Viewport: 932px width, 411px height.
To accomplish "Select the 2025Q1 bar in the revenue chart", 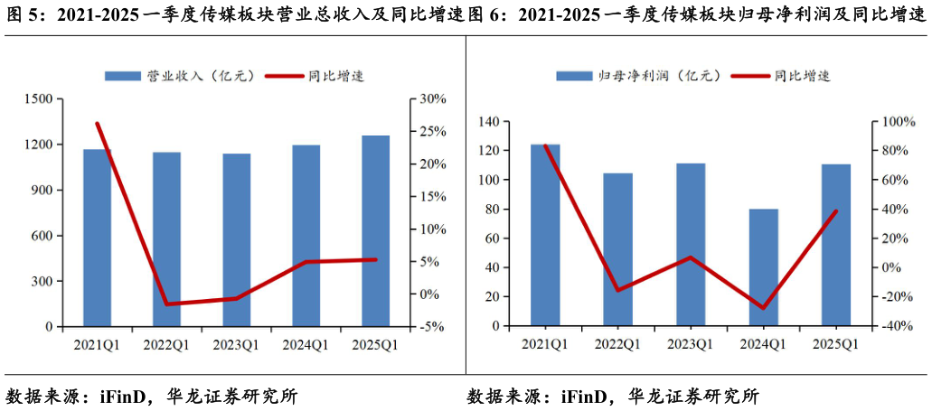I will click(375, 230).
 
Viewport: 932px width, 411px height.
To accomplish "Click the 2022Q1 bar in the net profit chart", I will click(617, 249).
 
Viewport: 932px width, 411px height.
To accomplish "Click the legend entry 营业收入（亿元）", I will click(181, 76).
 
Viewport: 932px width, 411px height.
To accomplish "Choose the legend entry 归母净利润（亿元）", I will click(637, 76).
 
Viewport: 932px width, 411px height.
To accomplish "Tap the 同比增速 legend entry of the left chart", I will click(315, 76).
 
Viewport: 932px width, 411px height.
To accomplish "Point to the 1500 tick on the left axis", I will click(47, 98).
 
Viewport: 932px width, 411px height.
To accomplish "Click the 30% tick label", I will click(428, 98).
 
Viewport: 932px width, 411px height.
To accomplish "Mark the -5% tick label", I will click(428, 327).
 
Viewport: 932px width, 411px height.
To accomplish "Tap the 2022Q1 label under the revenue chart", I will click(166, 344).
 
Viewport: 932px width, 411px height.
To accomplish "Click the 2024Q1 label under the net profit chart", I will click(763, 343).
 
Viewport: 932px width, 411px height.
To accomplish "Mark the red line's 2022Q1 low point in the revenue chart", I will click(167, 304).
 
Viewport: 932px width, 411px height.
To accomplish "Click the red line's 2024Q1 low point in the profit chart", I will click(764, 308).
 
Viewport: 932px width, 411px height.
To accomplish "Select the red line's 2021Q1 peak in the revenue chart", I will click(97, 124).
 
